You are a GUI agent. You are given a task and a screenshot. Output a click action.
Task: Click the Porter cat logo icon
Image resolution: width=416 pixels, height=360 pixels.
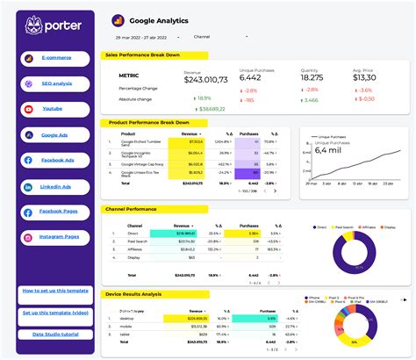coord(34,25)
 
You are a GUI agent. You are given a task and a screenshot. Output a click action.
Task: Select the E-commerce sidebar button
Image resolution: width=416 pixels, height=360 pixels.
coord(55,59)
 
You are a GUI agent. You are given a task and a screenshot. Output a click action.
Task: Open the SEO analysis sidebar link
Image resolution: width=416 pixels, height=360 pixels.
coord(55,84)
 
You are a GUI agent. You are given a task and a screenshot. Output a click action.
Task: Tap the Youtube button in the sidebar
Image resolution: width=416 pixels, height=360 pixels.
coord(55,110)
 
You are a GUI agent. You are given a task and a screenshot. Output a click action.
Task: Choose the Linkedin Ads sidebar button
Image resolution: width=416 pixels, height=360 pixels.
coord(55,187)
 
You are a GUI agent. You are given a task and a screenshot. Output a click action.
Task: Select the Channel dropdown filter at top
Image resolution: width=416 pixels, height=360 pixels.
coord(219,37)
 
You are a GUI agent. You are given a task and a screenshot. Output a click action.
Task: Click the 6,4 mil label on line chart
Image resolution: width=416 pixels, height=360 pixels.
coord(328,149)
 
